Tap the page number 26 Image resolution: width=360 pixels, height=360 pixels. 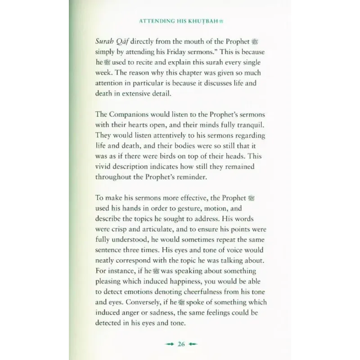pyautogui.click(x=181, y=345)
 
